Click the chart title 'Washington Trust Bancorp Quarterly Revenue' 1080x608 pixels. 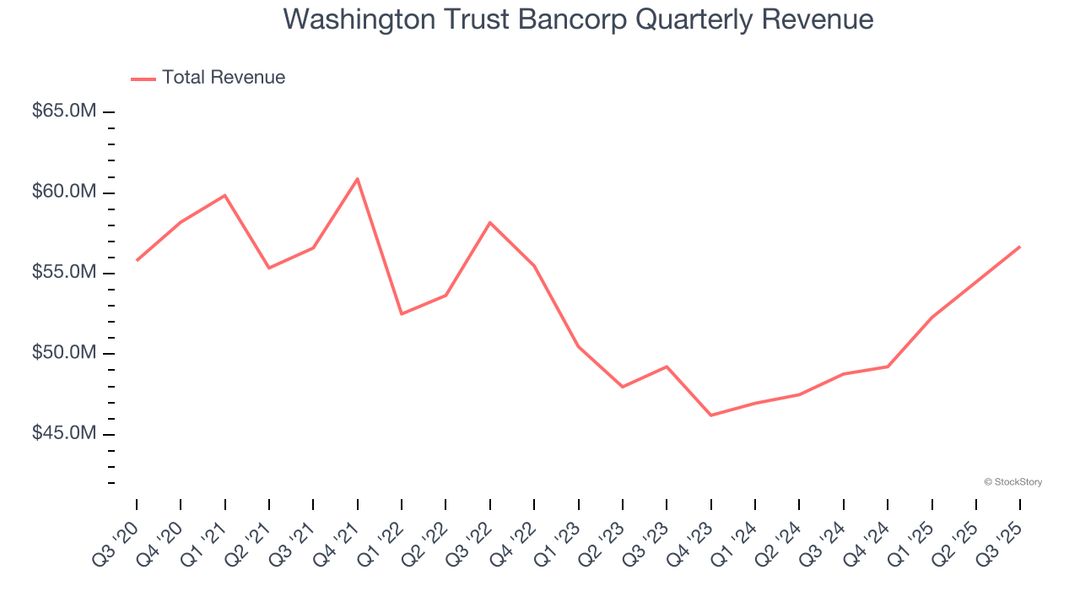click(x=578, y=19)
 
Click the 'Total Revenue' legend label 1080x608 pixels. click(x=224, y=78)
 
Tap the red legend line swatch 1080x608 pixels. click(x=143, y=79)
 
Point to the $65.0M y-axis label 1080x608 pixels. click(x=64, y=111)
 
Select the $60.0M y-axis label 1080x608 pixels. click(x=64, y=193)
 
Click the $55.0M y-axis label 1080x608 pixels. click(x=64, y=273)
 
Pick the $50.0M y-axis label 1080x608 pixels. click(x=64, y=353)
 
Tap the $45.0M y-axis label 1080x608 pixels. click(x=64, y=433)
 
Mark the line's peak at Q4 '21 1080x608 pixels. click(x=357, y=178)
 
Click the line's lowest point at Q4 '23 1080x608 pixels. click(x=710, y=415)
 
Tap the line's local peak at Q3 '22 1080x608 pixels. click(x=490, y=222)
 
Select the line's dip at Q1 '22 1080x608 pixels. click(x=402, y=314)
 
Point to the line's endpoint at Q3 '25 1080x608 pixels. click(x=1019, y=247)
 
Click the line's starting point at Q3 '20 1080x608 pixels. click(x=137, y=260)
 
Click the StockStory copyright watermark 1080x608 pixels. click(x=1012, y=482)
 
